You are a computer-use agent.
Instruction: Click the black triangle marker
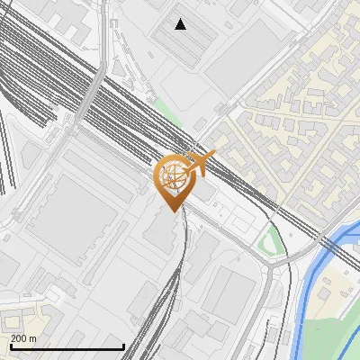[x=181, y=24]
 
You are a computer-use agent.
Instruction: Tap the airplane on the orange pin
[x=202, y=163]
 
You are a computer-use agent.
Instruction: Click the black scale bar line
[x=67, y=347]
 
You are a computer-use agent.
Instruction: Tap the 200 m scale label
[x=24, y=338]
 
